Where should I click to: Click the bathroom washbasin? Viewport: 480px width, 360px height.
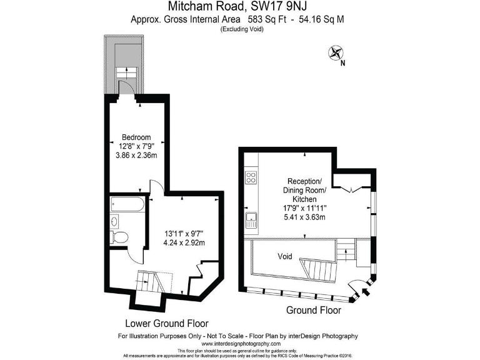[115, 221]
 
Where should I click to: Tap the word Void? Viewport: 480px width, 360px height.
[285, 256]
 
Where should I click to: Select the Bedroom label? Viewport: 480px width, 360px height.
[136, 137]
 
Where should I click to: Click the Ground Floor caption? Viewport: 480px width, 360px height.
[313, 310]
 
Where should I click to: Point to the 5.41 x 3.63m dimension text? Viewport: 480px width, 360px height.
[304, 217]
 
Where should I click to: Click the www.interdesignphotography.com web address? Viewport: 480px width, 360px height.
[241, 344]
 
